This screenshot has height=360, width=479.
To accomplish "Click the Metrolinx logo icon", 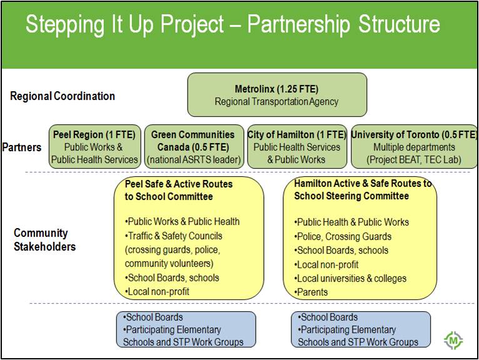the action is (x=453, y=340).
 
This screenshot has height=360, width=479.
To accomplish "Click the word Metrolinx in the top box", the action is (x=255, y=89).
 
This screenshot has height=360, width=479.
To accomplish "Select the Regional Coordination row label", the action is (x=63, y=96).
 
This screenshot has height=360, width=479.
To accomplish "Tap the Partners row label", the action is (x=22, y=147).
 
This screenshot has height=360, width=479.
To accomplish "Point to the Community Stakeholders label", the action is (x=44, y=240).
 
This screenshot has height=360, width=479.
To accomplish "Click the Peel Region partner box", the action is (x=94, y=147).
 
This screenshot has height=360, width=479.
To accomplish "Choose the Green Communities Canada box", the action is (x=194, y=147).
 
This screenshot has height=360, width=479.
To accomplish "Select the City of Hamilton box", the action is (x=297, y=147).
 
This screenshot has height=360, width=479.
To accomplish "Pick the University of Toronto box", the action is (x=414, y=147).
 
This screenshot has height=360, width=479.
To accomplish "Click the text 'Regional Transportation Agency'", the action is (x=276, y=101).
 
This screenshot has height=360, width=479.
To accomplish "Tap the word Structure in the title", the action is (x=399, y=24).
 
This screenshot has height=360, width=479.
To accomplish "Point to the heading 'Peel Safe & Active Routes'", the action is (x=179, y=184).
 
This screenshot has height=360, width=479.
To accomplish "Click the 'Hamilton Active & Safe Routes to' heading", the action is (x=363, y=183).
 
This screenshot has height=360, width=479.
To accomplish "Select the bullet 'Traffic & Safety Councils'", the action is (x=173, y=236).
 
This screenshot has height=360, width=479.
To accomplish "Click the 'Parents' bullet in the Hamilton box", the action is (x=311, y=292).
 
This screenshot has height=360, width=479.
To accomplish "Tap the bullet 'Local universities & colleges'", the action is (x=350, y=278).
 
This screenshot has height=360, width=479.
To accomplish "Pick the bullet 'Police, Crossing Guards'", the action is (x=343, y=236).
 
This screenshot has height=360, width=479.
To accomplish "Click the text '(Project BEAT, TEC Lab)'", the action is (x=414, y=159).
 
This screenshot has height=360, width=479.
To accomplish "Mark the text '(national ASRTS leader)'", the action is (x=194, y=159).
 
